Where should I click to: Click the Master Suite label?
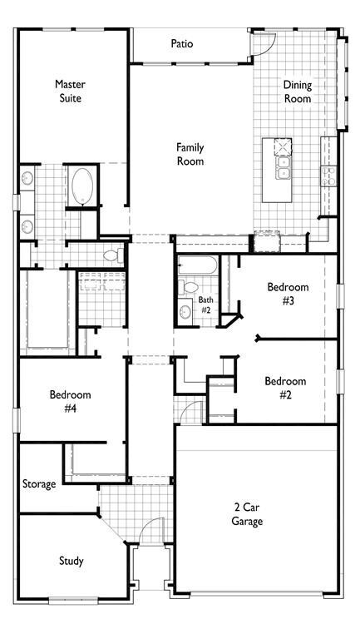[70, 91]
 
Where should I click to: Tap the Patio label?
[182, 43]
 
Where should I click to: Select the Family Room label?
[190, 154]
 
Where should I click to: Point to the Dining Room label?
[298, 92]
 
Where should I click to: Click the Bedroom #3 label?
[288, 294]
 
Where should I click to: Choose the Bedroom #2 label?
[285, 388]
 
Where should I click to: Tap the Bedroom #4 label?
[70, 401]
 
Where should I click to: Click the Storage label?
[39, 484]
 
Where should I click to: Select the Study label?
[72, 561]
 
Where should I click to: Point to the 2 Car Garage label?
[247, 514]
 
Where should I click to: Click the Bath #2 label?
[205, 305]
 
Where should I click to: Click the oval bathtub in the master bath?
[82, 186]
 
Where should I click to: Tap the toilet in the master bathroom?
[114, 255]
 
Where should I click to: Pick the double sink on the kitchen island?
[283, 167]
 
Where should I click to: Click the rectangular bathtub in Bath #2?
[198, 265]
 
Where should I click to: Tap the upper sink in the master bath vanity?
[27, 178]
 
